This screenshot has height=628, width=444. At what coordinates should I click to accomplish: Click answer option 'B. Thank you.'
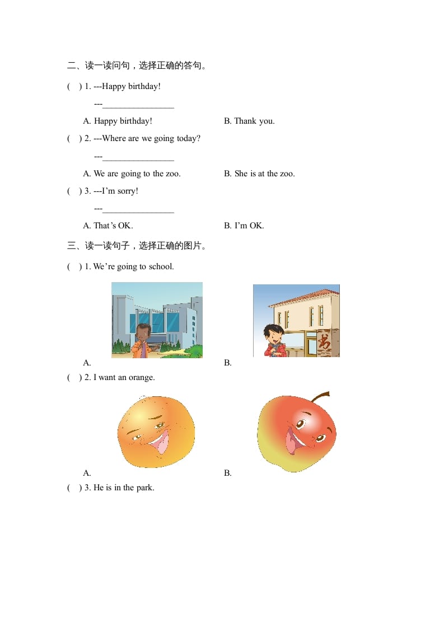click(x=249, y=121)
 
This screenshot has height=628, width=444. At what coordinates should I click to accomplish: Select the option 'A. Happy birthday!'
click(x=118, y=121)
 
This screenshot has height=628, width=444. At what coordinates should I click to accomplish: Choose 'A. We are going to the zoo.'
click(x=132, y=174)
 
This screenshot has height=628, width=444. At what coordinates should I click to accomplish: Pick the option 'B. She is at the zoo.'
click(x=259, y=174)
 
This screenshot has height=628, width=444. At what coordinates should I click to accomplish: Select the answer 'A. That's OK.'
click(x=108, y=226)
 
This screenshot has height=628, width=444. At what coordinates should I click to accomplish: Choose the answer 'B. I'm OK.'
click(x=244, y=226)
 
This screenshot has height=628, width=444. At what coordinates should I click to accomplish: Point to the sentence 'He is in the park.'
click(x=123, y=488)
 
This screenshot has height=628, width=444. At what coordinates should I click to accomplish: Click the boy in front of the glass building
click(x=143, y=340)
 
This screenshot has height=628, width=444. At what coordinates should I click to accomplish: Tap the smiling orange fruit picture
click(x=156, y=431)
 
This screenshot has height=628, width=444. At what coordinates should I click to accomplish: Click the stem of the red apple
click(x=321, y=397)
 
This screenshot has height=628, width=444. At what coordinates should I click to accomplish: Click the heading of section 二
click(x=138, y=66)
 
